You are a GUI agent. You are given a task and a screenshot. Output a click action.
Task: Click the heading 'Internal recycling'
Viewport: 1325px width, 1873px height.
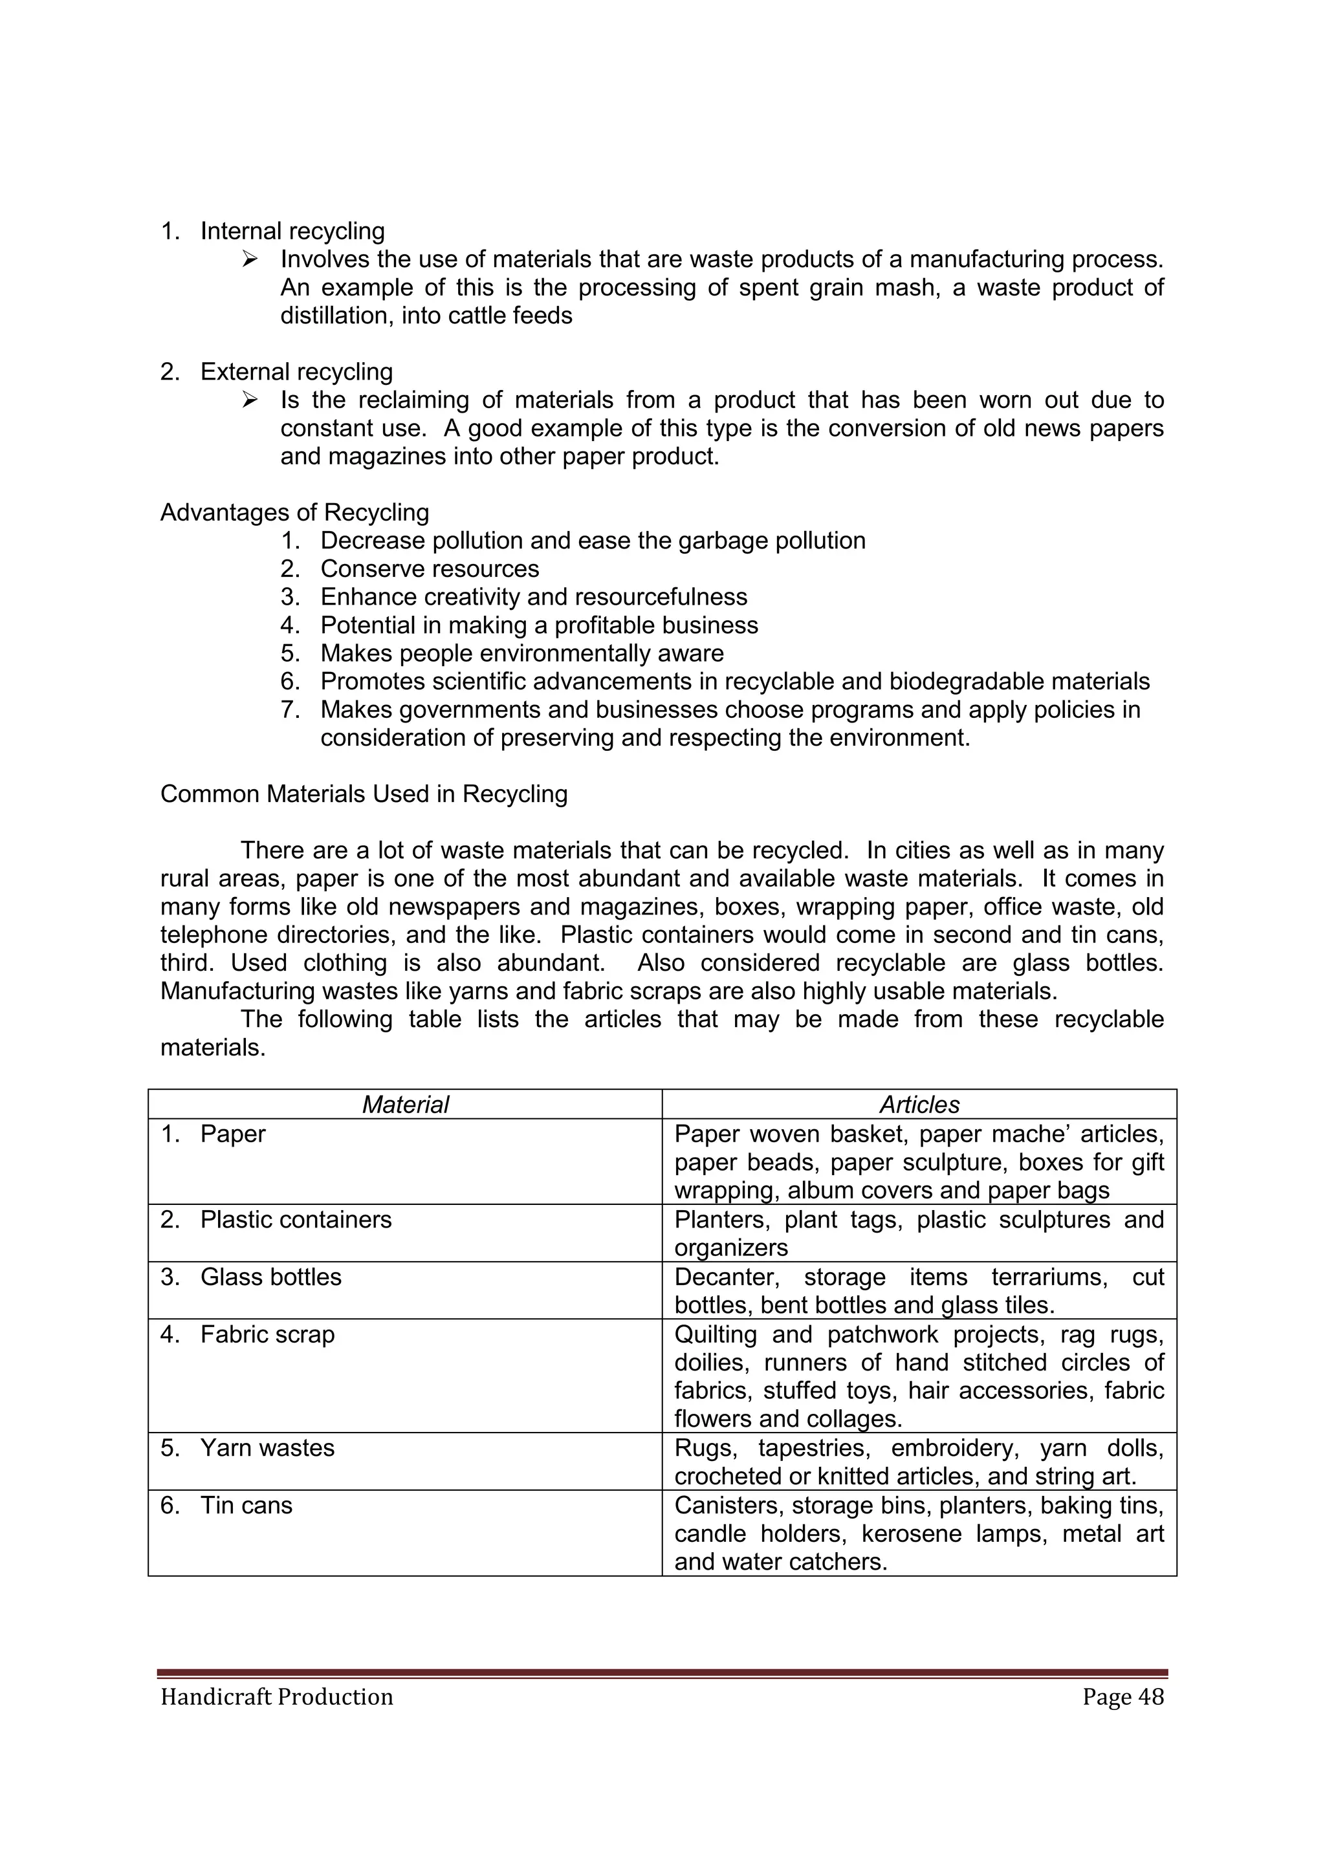point(292,232)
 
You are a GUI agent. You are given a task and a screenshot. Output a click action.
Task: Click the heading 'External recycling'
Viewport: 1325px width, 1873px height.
point(296,372)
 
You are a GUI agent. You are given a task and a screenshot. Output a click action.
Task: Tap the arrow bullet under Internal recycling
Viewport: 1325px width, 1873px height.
point(250,260)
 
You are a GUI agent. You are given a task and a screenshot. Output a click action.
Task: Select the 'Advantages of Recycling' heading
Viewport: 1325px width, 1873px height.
point(294,512)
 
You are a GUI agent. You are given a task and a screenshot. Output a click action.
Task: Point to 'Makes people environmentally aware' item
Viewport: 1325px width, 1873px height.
point(521,653)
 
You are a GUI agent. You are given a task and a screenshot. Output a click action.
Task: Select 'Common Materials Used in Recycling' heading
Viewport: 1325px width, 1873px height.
point(364,794)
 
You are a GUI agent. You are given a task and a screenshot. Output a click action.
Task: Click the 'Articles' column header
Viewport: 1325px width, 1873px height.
point(919,1105)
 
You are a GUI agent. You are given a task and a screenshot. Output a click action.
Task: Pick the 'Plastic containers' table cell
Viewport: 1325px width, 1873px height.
point(296,1220)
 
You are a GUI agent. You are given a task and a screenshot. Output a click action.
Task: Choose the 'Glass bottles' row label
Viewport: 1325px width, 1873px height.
point(271,1277)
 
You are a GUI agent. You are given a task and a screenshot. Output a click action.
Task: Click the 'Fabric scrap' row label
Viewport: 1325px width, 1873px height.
point(268,1335)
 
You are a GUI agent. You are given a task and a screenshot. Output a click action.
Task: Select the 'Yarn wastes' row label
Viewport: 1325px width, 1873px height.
point(268,1448)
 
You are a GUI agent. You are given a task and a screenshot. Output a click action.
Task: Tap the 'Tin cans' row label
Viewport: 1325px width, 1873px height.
point(246,1505)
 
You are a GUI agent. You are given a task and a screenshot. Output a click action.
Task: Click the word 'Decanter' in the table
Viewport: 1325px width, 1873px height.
point(727,1277)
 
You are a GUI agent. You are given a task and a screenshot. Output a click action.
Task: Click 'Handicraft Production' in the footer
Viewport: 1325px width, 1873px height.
point(277,1697)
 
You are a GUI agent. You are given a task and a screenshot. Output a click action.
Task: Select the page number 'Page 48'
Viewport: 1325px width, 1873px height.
point(1122,1697)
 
